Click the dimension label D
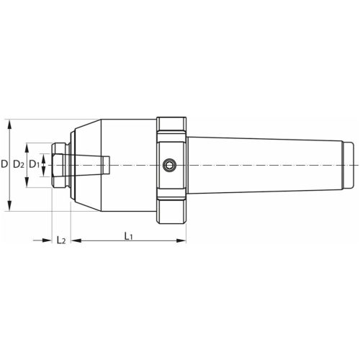(4, 164)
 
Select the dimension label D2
(19, 165)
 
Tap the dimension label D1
(34, 165)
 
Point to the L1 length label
(128, 237)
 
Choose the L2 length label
(61, 240)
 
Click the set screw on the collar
(169, 165)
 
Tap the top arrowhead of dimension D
(9, 125)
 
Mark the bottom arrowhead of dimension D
(9, 206)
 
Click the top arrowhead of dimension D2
(27, 148)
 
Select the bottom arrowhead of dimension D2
(27, 182)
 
